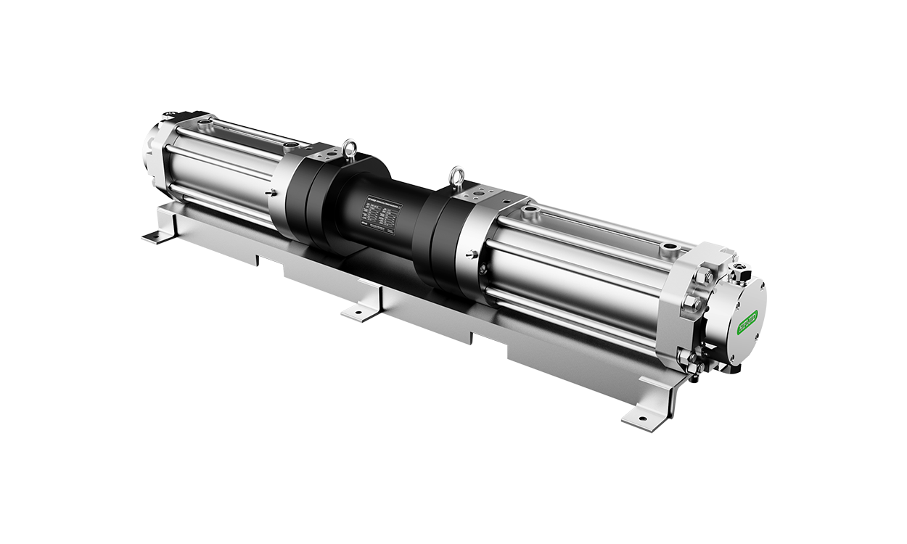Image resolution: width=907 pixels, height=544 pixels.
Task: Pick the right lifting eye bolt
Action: point(457,176)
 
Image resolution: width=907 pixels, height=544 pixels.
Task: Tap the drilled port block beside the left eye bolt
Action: point(327,156)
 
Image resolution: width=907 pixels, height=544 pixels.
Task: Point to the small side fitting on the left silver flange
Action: point(270,193)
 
